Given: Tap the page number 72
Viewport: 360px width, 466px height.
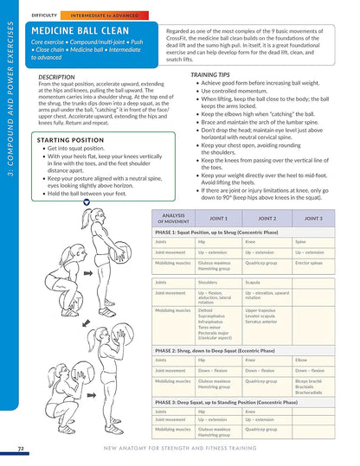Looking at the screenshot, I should pos(20,449).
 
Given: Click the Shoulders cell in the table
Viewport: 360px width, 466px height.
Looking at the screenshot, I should pos(209,282).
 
